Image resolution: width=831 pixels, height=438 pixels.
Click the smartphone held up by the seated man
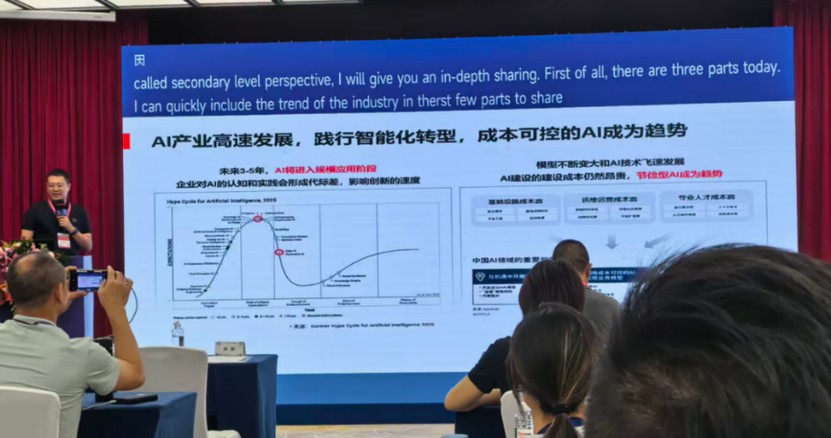pyautogui.click(x=89, y=279)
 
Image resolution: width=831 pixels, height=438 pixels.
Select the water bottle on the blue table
pyautogui.click(x=177, y=333)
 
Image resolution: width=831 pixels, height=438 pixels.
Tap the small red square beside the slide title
pyautogui.click(x=126, y=140)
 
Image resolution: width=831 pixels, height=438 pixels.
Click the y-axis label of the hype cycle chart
pyautogui.click(x=170, y=253)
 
